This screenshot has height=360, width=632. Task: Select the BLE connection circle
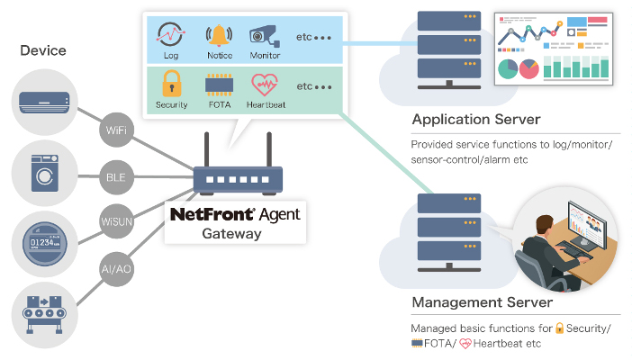115,177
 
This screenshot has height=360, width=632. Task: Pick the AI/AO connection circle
114,267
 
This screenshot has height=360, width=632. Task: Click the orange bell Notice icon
219,37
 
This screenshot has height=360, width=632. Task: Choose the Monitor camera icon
264,37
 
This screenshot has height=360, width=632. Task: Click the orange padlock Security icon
171,85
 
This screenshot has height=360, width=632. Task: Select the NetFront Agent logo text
235,215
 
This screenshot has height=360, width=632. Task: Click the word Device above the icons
44,50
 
